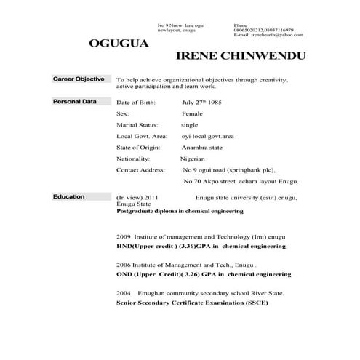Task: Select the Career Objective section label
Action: [79, 79]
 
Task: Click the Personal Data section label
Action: [75, 102]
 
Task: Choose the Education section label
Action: [69, 197]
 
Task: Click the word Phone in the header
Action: [241, 25]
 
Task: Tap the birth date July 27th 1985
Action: [201, 103]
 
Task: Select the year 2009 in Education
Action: [123, 237]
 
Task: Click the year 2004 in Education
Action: [123, 292]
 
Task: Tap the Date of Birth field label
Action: [136, 103]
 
